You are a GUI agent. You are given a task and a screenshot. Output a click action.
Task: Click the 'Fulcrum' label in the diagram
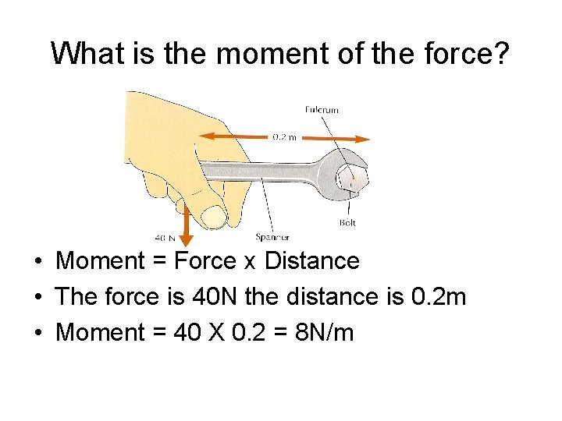[322, 110]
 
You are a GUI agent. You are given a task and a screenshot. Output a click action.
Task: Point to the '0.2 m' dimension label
[284, 137]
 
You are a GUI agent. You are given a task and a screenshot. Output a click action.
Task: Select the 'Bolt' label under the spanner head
[347, 222]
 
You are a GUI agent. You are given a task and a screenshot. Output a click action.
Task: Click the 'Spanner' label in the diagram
[272, 236]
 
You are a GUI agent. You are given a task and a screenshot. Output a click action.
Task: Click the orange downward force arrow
[186, 225]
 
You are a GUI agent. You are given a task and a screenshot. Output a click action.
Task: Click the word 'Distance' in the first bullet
[312, 261]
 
